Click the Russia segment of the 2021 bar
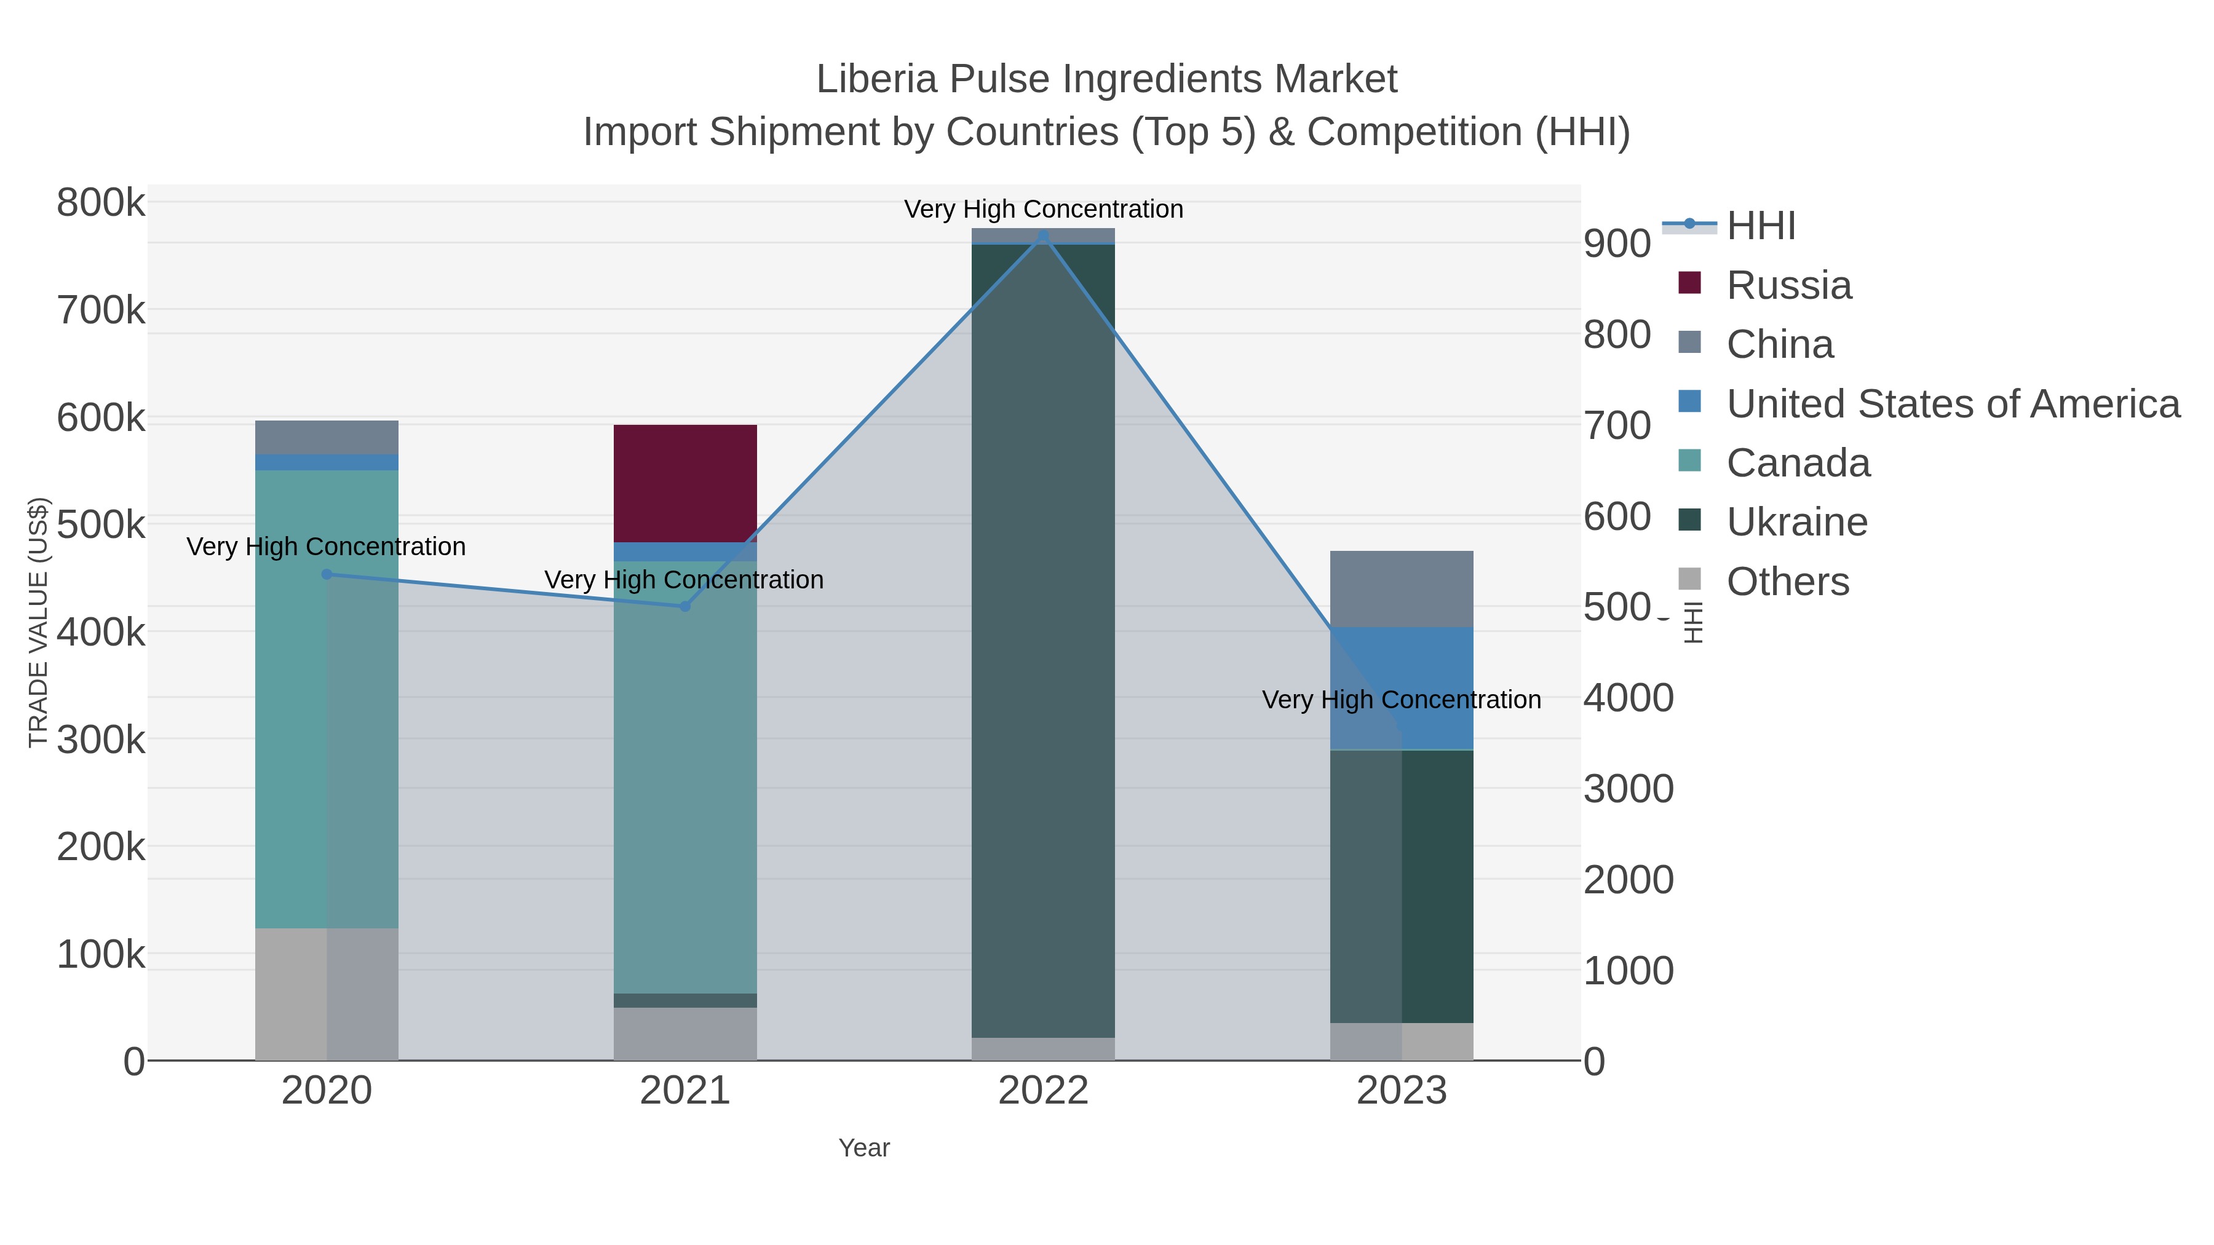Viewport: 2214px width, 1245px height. (x=685, y=483)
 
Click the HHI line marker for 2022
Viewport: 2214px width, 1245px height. (x=1044, y=235)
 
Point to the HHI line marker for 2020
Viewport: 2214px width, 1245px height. (x=327, y=574)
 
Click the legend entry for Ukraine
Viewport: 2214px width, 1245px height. (x=1796, y=521)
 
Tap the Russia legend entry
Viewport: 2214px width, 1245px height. (x=1788, y=285)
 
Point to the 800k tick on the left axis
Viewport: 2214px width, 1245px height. (x=101, y=204)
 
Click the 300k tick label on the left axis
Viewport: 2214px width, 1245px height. (x=101, y=739)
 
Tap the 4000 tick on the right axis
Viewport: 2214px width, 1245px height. (x=1628, y=698)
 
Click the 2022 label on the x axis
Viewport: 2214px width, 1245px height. (x=1044, y=1090)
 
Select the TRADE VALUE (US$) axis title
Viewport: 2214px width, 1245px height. (x=39, y=622)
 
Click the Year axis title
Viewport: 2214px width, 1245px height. (x=864, y=1147)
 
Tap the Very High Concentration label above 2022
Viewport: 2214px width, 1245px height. (x=1044, y=209)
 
